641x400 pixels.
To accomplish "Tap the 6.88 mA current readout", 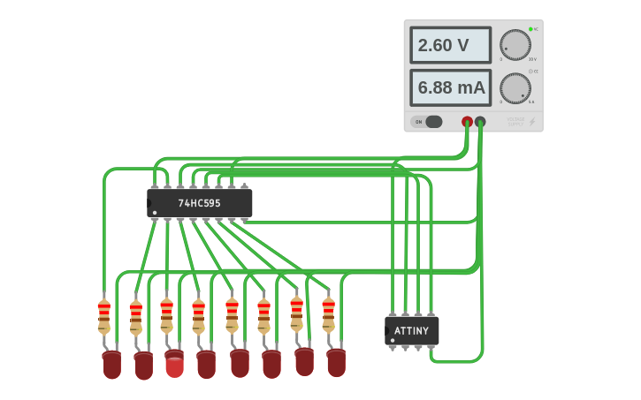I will click(450, 87).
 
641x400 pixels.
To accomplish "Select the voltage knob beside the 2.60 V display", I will click(515, 45).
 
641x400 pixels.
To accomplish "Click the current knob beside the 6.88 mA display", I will click(515, 88).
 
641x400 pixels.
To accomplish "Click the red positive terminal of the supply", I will click(467, 122).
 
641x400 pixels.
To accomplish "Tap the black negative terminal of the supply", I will click(480, 122).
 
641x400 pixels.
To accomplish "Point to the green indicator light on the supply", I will click(530, 29).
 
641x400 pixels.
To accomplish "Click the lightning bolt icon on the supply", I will click(531, 122).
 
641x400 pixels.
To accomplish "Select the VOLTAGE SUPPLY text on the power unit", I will click(515, 122).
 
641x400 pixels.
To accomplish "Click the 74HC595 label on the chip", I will click(199, 203).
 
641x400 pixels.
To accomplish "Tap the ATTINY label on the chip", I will click(412, 331).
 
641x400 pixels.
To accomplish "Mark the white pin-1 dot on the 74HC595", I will click(154, 213).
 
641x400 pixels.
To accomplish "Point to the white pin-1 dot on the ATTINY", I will click(392, 340).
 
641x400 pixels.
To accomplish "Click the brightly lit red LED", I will click(175, 366).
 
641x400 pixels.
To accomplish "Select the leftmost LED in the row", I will click(111, 364).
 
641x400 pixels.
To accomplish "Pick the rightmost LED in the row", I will click(336, 361).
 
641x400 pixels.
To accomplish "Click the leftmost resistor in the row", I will click(104, 315).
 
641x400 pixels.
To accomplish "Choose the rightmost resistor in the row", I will click(328, 313).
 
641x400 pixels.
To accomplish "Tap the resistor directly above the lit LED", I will click(166, 315).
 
